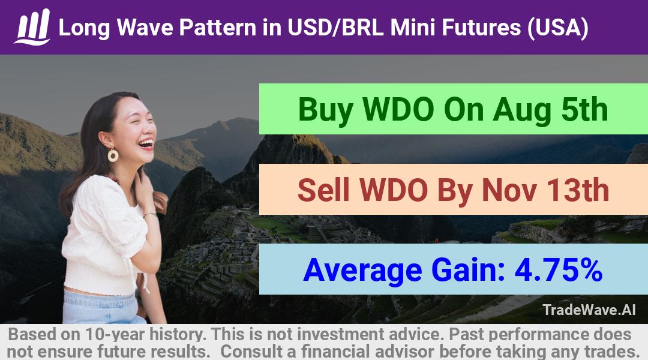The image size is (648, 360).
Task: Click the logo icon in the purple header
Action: tap(32, 27)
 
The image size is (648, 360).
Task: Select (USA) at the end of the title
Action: tap(558, 28)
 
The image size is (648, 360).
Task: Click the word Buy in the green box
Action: tap(326, 110)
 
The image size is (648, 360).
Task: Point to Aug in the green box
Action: tap(521, 110)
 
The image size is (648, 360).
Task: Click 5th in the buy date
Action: tap(584, 109)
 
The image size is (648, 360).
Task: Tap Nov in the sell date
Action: tap(510, 190)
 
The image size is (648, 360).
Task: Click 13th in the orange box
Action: tap(578, 190)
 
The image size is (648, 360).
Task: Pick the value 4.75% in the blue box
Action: tap(559, 269)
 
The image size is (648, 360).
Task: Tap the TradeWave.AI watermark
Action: tap(589, 310)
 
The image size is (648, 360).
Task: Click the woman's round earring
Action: tap(113, 155)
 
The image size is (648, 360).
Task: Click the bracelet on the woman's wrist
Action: tap(150, 214)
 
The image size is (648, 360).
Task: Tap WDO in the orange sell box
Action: tap(394, 190)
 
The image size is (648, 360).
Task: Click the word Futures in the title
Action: tap(481, 28)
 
